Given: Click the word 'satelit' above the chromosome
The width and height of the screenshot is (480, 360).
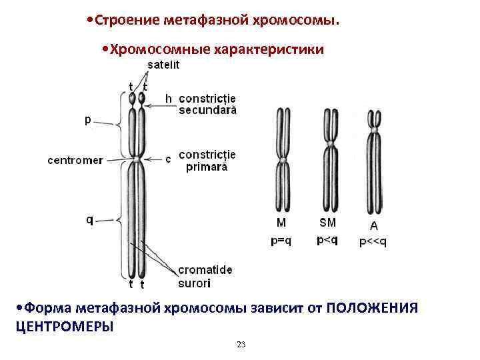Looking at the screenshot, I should click(x=163, y=65).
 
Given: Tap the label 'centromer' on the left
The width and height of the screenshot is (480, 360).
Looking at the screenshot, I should click(x=75, y=160).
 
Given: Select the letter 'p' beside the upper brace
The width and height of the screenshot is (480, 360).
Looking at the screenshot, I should click(x=88, y=121).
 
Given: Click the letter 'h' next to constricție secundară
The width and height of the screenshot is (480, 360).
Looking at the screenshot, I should click(x=169, y=98).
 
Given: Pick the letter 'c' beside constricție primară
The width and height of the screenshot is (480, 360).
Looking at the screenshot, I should click(x=168, y=159).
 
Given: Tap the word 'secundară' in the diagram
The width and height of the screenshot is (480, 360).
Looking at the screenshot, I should click(x=207, y=110).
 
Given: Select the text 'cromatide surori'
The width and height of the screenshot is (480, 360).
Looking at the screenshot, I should click(x=205, y=277).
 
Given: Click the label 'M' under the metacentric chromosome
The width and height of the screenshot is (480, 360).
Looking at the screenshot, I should click(x=281, y=223).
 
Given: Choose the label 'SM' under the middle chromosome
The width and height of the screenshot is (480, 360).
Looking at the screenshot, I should click(x=327, y=223).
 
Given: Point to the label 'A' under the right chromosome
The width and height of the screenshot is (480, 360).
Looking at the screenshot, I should click(x=373, y=226).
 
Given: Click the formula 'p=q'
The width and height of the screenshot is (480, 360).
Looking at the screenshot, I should click(x=281, y=241).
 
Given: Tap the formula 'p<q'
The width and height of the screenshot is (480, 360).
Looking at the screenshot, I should click(x=327, y=240).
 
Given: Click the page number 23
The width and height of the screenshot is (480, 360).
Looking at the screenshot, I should click(x=241, y=344).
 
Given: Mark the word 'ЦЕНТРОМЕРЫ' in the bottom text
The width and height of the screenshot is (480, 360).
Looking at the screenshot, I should click(x=64, y=326).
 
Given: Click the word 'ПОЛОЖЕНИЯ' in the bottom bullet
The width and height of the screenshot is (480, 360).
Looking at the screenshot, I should click(x=373, y=308).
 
